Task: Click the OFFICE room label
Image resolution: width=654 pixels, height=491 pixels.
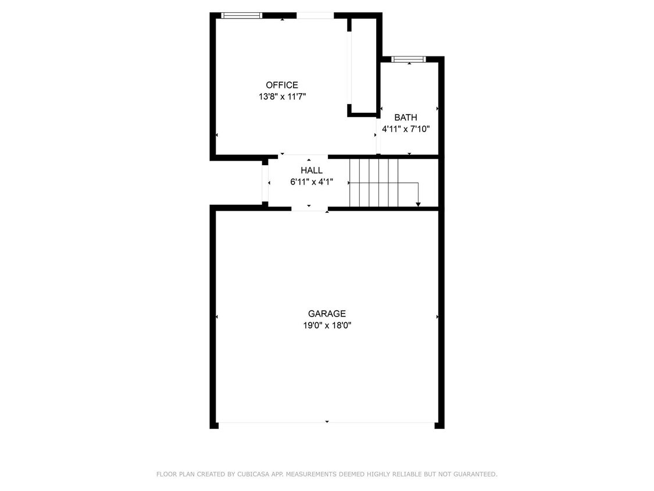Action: [x=282, y=85]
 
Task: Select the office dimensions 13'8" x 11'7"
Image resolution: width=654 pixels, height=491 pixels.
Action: [x=282, y=97]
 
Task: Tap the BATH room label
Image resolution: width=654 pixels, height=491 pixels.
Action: [x=405, y=118]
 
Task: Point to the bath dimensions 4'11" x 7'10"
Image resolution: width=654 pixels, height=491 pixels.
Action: [x=405, y=129]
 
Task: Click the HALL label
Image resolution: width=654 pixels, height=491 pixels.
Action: [x=311, y=170]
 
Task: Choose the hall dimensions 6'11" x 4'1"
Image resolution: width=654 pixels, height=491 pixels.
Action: [x=311, y=182]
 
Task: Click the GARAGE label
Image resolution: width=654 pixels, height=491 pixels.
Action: [x=327, y=314]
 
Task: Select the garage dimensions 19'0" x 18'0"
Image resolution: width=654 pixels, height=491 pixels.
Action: [x=327, y=326]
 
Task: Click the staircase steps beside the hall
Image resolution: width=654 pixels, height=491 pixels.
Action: [x=373, y=182]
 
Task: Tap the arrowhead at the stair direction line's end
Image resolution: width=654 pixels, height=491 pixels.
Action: [x=418, y=204]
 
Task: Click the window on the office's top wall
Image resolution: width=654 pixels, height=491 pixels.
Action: [x=242, y=16]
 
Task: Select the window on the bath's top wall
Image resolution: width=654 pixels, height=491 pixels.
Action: [x=408, y=59]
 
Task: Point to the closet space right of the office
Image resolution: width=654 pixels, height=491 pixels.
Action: [x=364, y=64]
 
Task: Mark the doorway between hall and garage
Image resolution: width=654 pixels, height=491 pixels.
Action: [x=309, y=208]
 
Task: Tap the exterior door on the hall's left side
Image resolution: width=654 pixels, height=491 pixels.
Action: [x=265, y=183]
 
